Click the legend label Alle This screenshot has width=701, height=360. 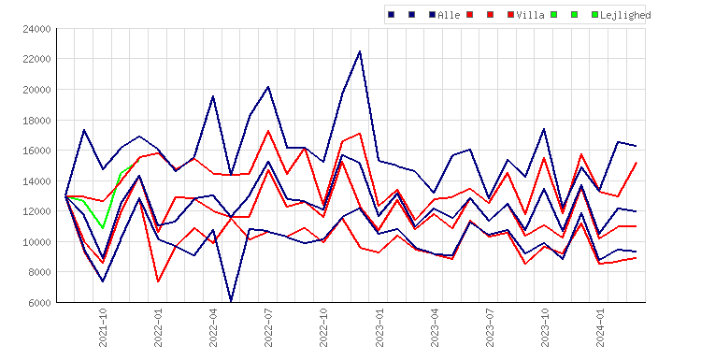tap(449, 15)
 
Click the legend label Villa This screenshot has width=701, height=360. tap(530, 15)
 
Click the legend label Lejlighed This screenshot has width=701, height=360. tap(625, 15)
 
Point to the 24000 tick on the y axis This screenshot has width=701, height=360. tap(36, 30)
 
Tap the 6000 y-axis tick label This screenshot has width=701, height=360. tap(39, 303)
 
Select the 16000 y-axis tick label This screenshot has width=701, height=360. tap(36, 151)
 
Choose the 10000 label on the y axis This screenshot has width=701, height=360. tap(36, 242)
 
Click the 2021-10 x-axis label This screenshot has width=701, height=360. tap(103, 327)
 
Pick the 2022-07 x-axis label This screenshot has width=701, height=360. tap(268, 327)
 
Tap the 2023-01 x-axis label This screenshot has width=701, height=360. tap(379, 327)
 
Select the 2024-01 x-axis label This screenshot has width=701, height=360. tap(600, 327)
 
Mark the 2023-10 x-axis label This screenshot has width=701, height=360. tap(545, 327)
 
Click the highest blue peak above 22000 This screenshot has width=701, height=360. tap(360, 51)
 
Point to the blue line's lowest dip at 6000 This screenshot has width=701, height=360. tap(231, 301)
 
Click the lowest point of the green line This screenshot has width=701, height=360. tap(103, 228)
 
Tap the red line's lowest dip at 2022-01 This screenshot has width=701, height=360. tap(158, 281)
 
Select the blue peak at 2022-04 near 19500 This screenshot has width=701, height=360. tap(213, 96)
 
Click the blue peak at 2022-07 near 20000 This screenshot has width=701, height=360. tap(268, 87)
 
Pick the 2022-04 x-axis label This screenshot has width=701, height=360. tap(213, 327)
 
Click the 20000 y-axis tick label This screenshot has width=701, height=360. tap(36, 90)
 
